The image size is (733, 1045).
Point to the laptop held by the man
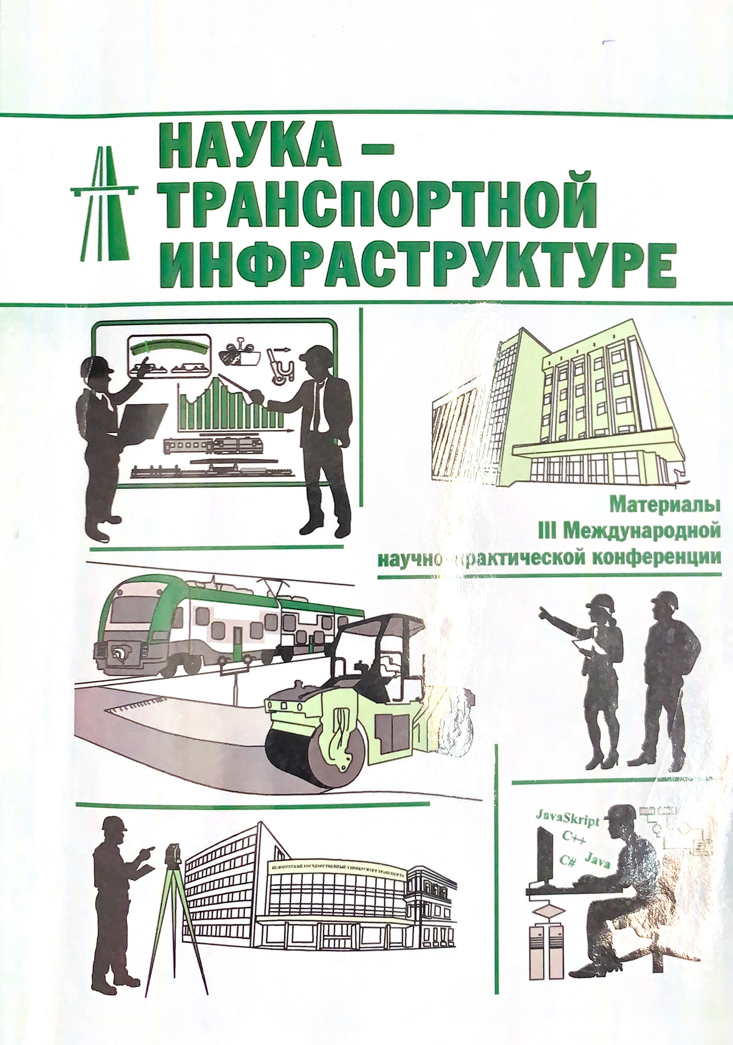click(143, 419)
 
